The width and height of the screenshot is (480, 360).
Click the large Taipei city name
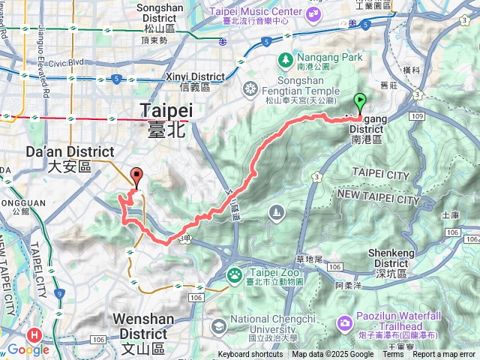pyautogui.click(x=166, y=113)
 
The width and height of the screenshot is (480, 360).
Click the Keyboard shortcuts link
pyautogui.click(x=250, y=355)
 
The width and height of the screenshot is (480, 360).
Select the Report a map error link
pyautogui.click(x=445, y=355)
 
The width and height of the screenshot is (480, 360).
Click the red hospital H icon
pyautogui.click(x=33, y=336)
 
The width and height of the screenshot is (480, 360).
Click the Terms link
pyautogui.click(x=393, y=355)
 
